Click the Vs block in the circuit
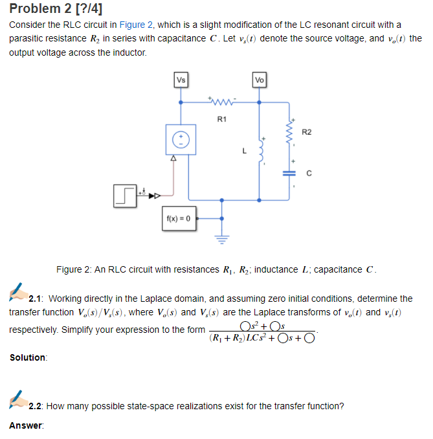tap(181, 80)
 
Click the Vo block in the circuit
tap(259, 80)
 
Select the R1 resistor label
tap(221, 118)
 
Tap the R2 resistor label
tap(307, 133)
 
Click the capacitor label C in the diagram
tap(309, 174)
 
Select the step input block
tap(126, 194)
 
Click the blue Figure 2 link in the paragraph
tap(137, 25)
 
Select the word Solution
tap(28, 357)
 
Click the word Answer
tap(25, 425)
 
